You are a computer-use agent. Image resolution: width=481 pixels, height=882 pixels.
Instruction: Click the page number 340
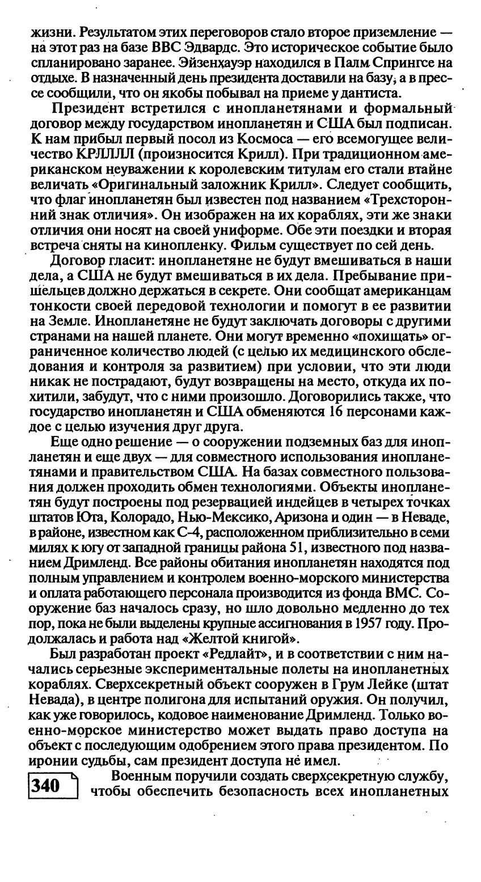[47, 786]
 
